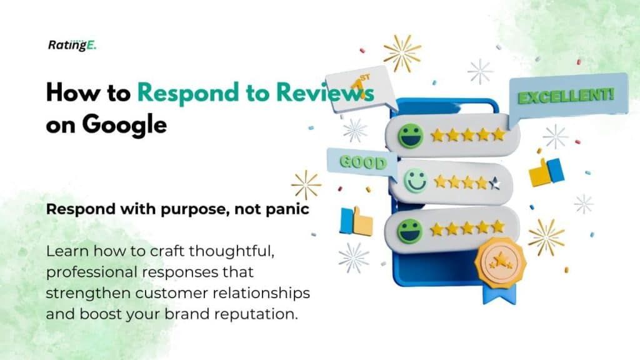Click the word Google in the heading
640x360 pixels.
(x=124, y=124)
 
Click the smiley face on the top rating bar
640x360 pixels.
(x=411, y=136)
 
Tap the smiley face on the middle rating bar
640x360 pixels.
(x=414, y=181)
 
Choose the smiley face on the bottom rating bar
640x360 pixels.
(x=410, y=229)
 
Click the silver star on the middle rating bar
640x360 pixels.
(x=495, y=183)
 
